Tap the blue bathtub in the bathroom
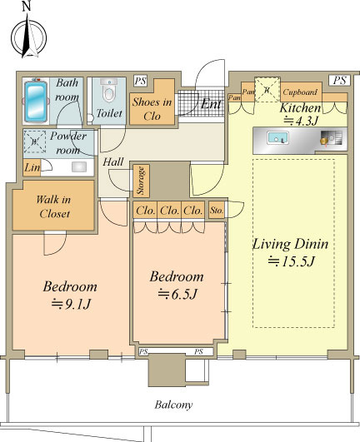(36, 101)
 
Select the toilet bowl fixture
(109, 90)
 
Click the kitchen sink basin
(277, 138)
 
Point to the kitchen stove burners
(332, 138)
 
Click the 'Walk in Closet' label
(54, 206)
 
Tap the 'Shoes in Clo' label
(152, 109)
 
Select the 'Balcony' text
(173, 405)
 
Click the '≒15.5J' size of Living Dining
(291, 261)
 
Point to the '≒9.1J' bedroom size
(71, 304)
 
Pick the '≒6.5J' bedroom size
(177, 294)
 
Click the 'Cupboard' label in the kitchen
(300, 92)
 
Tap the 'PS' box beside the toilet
(140, 82)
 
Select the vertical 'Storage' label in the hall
(141, 181)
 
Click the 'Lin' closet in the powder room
(32, 167)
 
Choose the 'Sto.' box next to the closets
(217, 210)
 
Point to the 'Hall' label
(113, 161)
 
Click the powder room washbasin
(79, 166)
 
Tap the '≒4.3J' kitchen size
(301, 122)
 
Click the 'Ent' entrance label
(211, 104)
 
